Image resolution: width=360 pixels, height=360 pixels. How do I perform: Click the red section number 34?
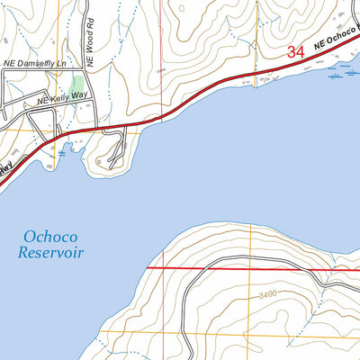pyautogui.click(x=296, y=53)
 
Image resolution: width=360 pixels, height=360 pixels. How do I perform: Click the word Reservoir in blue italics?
pyautogui.click(x=50, y=253)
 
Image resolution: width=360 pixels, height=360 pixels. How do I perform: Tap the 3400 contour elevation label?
pyautogui.click(x=265, y=294)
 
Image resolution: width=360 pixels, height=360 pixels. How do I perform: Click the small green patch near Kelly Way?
pyautogui.click(x=77, y=113)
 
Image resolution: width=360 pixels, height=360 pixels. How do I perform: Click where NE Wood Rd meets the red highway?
pyautogui.click(x=87, y=128)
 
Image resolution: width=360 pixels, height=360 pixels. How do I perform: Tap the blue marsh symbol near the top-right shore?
pyautogui.click(x=336, y=76)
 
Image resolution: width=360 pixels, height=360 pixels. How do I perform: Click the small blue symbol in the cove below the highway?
pyautogui.click(x=62, y=154)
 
